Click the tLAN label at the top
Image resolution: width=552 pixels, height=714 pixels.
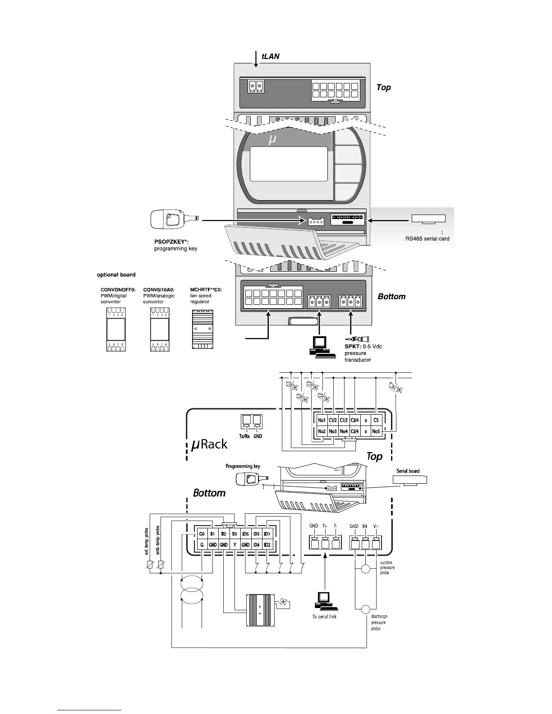click(x=271, y=56)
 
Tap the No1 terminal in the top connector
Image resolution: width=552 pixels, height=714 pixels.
click(x=322, y=420)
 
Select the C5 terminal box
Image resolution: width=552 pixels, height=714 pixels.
click(x=376, y=420)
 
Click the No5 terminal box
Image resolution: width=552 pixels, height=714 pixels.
click(x=376, y=431)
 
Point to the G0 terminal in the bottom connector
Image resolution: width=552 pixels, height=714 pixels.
click(x=202, y=534)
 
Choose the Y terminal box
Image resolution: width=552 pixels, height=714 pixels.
click(x=235, y=545)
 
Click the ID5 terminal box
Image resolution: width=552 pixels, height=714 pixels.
click(x=245, y=534)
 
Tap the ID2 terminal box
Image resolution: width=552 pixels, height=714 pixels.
click(x=267, y=545)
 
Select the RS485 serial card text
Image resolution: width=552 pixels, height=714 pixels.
click(x=427, y=238)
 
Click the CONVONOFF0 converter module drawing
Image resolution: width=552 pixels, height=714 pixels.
click(x=116, y=330)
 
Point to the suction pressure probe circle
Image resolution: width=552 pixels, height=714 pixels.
click(x=366, y=569)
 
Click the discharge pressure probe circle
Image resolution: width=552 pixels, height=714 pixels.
click(x=366, y=609)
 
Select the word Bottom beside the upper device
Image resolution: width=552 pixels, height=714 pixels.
click(x=391, y=296)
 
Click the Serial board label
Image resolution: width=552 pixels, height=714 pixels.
click(x=408, y=471)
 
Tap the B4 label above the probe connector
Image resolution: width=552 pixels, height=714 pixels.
click(x=365, y=526)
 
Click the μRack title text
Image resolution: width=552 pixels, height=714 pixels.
click(x=209, y=444)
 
